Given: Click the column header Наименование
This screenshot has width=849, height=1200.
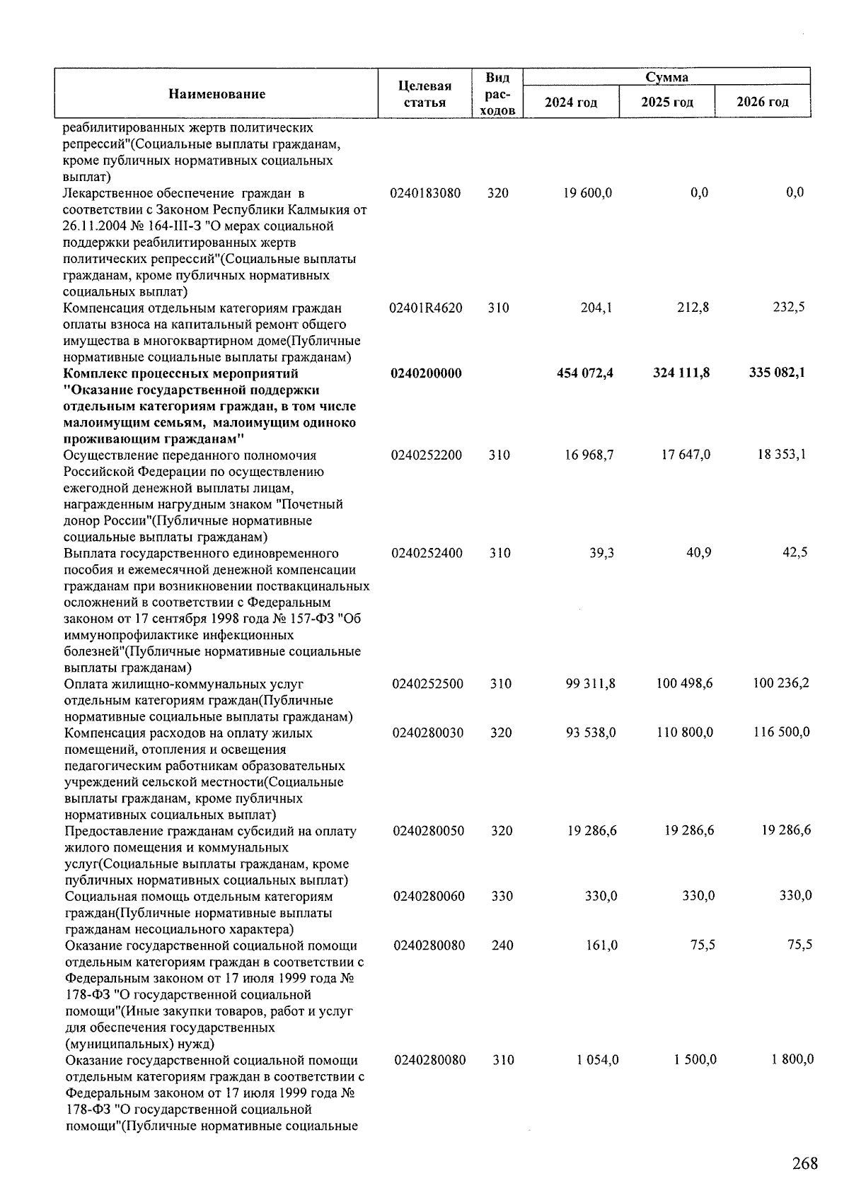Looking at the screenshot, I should coord(217,94).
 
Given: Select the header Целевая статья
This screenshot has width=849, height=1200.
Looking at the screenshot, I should coord(424,94).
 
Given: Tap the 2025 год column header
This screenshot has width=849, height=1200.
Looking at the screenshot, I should coord(666,102).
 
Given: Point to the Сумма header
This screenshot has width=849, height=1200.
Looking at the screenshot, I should coord(666,77).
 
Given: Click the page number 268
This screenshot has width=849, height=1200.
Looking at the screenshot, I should coord(804,1163).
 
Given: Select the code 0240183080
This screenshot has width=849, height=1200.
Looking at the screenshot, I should coord(425,193).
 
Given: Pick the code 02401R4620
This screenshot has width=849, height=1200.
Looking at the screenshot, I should coord(426,308).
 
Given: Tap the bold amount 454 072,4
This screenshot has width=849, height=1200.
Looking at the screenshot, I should coord(585,373).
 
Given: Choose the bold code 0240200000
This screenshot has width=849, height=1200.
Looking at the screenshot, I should coord(426,373).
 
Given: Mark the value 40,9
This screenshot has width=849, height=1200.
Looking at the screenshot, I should coord(698,552).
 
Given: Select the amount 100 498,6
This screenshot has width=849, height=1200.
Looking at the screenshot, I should coord(684,684).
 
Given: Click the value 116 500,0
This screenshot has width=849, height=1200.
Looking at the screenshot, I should coord(781,733).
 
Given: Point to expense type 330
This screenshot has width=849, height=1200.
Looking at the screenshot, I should coord(502,896).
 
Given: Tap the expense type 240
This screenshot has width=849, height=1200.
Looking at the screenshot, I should coord(502,945).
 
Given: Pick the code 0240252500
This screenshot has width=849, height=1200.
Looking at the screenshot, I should coord(427,684).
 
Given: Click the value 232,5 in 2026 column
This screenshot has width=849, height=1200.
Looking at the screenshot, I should coord(789,307).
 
